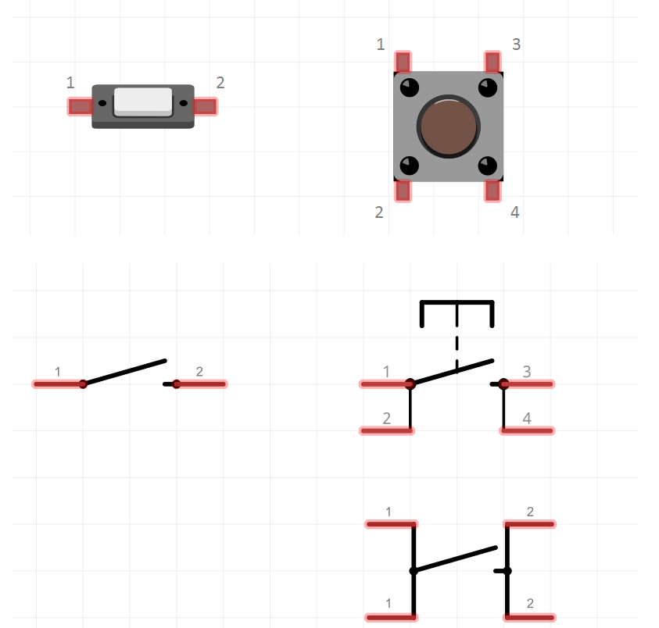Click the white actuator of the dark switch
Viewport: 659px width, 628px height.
[x=143, y=102]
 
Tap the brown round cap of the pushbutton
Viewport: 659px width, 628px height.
[x=449, y=127]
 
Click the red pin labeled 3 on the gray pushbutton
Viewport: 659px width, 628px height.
[x=492, y=62]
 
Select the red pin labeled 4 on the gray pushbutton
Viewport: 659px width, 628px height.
[x=492, y=191]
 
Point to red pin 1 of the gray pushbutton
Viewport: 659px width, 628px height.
[x=403, y=62]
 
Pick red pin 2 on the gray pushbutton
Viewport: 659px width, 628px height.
[x=403, y=191]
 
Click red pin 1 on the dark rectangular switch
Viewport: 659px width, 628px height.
[x=80, y=107]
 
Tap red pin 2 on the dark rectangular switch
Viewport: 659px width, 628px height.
[x=206, y=107]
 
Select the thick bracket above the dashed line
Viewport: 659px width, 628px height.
[x=457, y=313]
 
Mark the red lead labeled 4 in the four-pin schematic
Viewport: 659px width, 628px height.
[x=527, y=430]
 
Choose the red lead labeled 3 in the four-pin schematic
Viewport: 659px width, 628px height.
[x=527, y=384]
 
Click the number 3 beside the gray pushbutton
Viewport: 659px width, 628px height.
[x=517, y=44]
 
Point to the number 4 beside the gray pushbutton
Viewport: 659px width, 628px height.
[x=515, y=212]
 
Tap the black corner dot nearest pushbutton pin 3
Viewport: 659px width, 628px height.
[x=488, y=87]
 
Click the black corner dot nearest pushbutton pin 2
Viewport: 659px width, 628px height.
[x=410, y=166]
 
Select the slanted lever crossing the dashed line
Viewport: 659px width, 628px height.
[x=452, y=372]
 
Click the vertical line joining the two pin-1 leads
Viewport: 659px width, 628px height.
[x=414, y=571]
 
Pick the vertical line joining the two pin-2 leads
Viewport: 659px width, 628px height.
[x=507, y=571]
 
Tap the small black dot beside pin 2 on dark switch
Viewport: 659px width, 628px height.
[x=183, y=103]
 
